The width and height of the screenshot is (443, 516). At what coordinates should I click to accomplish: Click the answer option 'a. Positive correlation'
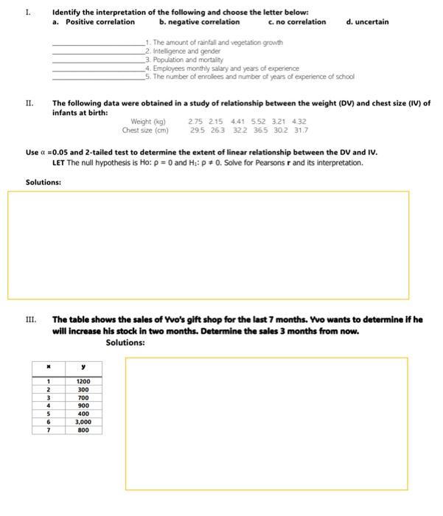pyautogui.click(x=94, y=22)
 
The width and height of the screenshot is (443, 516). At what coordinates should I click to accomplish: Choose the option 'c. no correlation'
pyautogui.click(x=295, y=22)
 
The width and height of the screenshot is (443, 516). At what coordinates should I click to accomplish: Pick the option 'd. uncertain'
pyautogui.click(x=367, y=22)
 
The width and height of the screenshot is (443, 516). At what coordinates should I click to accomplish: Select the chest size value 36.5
pyautogui.click(x=258, y=130)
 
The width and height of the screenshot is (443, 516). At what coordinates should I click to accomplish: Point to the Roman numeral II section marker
pyautogui.click(x=29, y=104)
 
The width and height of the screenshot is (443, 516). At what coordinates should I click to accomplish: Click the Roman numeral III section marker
pyautogui.click(x=30, y=320)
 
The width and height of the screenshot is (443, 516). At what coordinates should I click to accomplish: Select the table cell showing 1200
pyautogui.click(x=83, y=381)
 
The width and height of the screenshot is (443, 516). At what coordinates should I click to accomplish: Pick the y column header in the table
pyautogui.click(x=83, y=366)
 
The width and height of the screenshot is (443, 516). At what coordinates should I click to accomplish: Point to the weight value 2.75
pyautogui.click(x=196, y=121)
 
